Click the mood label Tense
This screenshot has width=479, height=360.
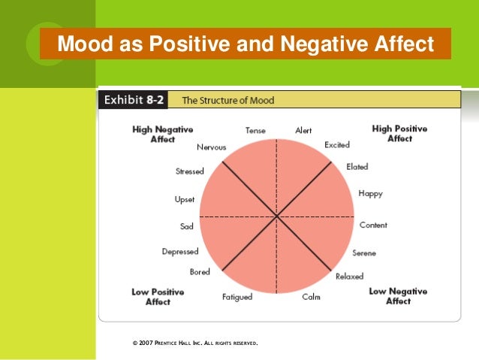click(x=255, y=130)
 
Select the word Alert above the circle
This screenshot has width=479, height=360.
click(x=303, y=130)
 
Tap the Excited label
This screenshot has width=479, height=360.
click(x=337, y=144)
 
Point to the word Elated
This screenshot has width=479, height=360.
click(x=357, y=167)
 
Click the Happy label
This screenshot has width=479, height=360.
click(x=370, y=194)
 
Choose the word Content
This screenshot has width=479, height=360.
click(x=373, y=225)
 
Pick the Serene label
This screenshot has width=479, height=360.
click(x=364, y=253)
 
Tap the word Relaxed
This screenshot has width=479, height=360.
click(x=349, y=277)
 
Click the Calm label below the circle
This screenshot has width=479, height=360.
click(x=311, y=297)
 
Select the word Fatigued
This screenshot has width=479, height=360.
click(x=237, y=297)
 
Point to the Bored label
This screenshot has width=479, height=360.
click(x=200, y=272)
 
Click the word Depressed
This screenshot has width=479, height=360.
click(x=180, y=252)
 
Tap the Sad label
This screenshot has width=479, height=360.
click(x=187, y=226)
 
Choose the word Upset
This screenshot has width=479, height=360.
click(x=185, y=200)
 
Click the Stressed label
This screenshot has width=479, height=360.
click(x=189, y=171)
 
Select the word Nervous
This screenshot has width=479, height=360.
click(x=211, y=147)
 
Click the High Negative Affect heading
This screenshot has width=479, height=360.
click(x=163, y=134)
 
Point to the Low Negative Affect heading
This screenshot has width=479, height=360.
click(x=398, y=296)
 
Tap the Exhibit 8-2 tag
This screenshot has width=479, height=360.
click(x=134, y=99)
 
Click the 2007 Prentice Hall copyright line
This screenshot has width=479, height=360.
click(x=194, y=343)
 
